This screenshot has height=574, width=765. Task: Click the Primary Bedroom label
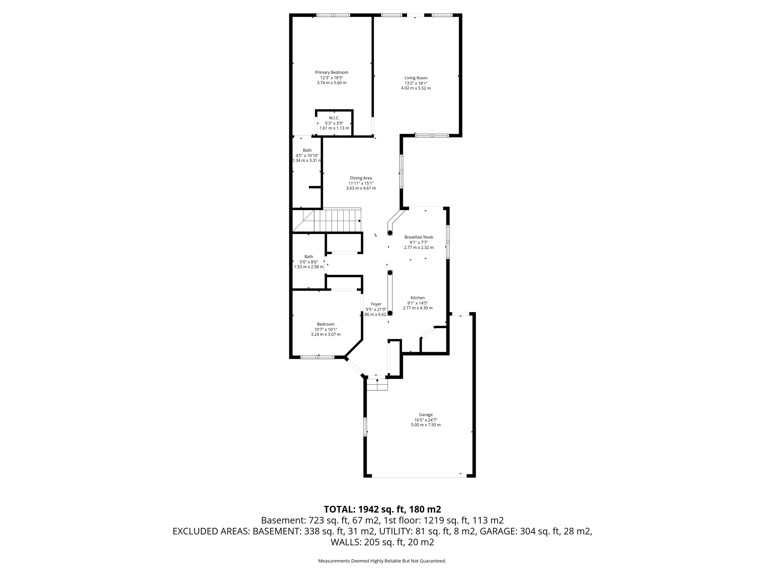coord(331,72)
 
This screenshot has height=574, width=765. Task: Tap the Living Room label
coord(416,78)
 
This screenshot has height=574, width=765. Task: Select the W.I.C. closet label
coord(334,118)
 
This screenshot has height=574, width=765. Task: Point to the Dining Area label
coord(361,178)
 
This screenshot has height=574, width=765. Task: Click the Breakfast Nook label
coord(419,237)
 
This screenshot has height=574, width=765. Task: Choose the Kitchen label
coord(418,298)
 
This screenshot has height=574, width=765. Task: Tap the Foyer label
coord(376,304)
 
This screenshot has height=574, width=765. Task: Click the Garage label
coord(425,414)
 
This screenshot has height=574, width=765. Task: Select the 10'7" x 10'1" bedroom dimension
coord(326,330)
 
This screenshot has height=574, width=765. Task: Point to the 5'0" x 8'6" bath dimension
coord(309,262)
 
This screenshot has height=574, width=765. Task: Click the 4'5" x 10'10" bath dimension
coord(307,155)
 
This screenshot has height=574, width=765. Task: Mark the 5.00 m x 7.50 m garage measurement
coord(425,425)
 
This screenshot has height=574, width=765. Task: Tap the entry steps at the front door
coord(377,385)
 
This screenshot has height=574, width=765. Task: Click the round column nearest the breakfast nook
coord(390,233)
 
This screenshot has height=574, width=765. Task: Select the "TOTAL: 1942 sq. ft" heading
coord(382,509)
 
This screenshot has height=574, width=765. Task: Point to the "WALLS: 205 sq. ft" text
coord(382,542)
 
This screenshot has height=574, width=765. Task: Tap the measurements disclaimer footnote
coord(382,561)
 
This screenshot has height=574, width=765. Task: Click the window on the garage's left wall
coord(365,427)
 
